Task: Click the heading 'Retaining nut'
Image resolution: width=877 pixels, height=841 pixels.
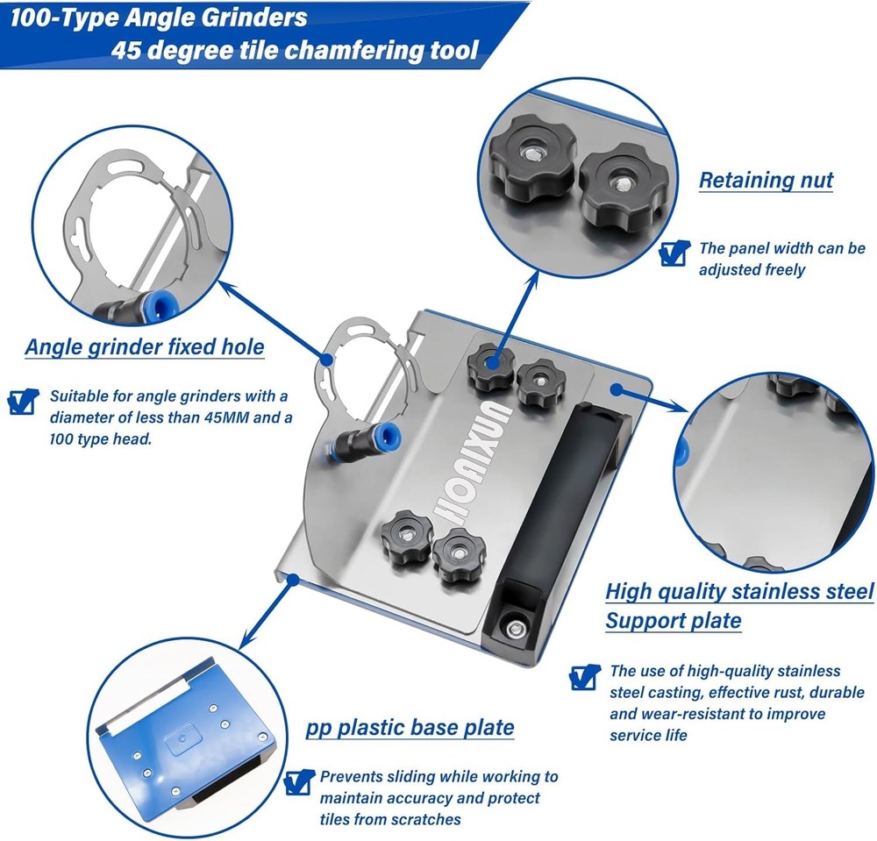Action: (x=766, y=181)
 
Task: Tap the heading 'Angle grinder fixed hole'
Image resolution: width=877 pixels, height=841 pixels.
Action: (x=145, y=347)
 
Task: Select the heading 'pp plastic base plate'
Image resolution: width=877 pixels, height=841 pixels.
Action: (x=410, y=728)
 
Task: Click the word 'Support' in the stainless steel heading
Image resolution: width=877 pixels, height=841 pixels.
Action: (x=649, y=621)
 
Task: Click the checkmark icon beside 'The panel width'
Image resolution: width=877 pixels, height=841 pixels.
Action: (x=674, y=253)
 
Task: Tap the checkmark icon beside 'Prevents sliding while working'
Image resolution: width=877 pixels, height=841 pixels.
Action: (x=299, y=782)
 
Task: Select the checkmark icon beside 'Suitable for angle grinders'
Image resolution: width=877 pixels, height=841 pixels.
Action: (x=24, y=402)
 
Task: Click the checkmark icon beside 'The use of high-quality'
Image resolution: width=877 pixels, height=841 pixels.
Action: (x=584, y=677)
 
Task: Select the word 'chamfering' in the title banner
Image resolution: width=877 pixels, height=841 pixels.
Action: (x=354, y=50)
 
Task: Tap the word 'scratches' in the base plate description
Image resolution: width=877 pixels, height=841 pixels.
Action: (x=425, y=820)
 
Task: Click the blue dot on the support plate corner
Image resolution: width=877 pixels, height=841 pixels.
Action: (x=616, y=389)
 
